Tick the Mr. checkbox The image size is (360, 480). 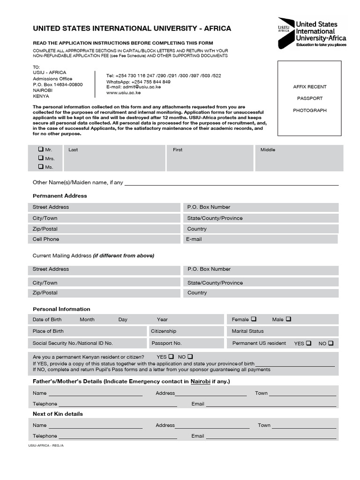[41, 150]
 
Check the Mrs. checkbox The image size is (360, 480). [41, 158]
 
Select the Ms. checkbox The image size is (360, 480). [41, 166]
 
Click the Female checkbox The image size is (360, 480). [254, 319]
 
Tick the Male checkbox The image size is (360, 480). [288, 319]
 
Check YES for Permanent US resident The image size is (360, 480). [308, 343]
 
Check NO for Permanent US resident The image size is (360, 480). [331, 343]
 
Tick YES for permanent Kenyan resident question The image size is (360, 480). [171, 356]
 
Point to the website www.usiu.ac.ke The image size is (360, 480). [123, 92]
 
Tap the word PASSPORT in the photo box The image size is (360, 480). [310, 98]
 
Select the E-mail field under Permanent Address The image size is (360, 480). [260, 239]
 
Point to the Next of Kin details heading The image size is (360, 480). [58, 414]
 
